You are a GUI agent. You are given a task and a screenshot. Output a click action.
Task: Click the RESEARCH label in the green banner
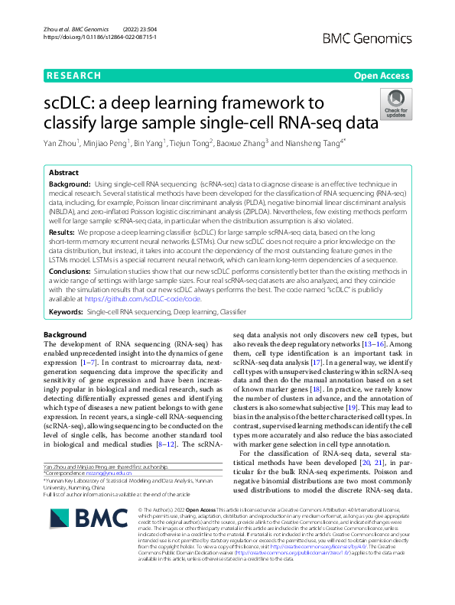coord(73,76)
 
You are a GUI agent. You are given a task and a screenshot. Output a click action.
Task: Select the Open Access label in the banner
coord(381,76)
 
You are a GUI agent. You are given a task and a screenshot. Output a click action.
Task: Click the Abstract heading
coord(64,174)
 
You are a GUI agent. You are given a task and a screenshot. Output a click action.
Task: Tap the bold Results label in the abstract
coord(63,230)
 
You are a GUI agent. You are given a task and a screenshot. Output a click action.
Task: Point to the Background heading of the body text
coord(65,336)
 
